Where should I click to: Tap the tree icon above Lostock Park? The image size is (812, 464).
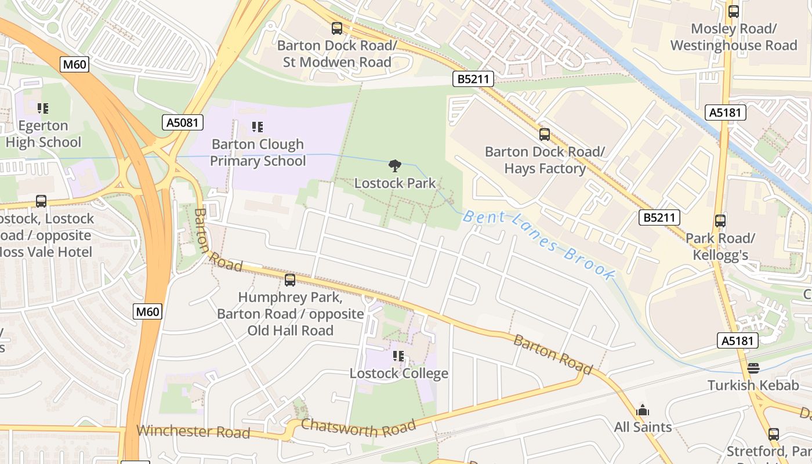click(395, 166)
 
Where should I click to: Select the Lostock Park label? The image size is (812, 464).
click(395, 183)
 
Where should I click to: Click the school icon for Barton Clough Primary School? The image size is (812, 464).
click(258, 127)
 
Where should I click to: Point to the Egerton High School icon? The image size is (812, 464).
click(42, 108)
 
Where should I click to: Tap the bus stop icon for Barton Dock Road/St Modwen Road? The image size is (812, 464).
click(337, 28)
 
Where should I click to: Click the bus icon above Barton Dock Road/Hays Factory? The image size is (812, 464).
click(545, 135)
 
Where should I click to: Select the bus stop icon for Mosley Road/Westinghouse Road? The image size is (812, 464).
click(734, 12)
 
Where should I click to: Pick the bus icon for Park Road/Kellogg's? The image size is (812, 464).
click(720, 221)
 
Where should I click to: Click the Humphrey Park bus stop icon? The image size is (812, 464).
click(290, 281)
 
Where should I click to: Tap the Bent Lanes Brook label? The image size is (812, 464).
click(538, 246)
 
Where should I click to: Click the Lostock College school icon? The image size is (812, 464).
click(398, 356)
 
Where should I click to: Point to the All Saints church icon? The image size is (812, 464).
click(643, 411)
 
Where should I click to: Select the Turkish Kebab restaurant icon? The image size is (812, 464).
click(753, 368)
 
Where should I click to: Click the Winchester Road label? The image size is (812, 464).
click(193, 432)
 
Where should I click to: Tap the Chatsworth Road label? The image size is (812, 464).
click(358, 428)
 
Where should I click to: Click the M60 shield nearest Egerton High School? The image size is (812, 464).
click(75, 64)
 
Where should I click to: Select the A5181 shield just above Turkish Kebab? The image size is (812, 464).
click(738, 340)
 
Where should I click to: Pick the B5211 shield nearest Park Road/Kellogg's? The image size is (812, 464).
click(659, 218)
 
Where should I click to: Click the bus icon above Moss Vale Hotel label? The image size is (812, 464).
click(41, 202)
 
